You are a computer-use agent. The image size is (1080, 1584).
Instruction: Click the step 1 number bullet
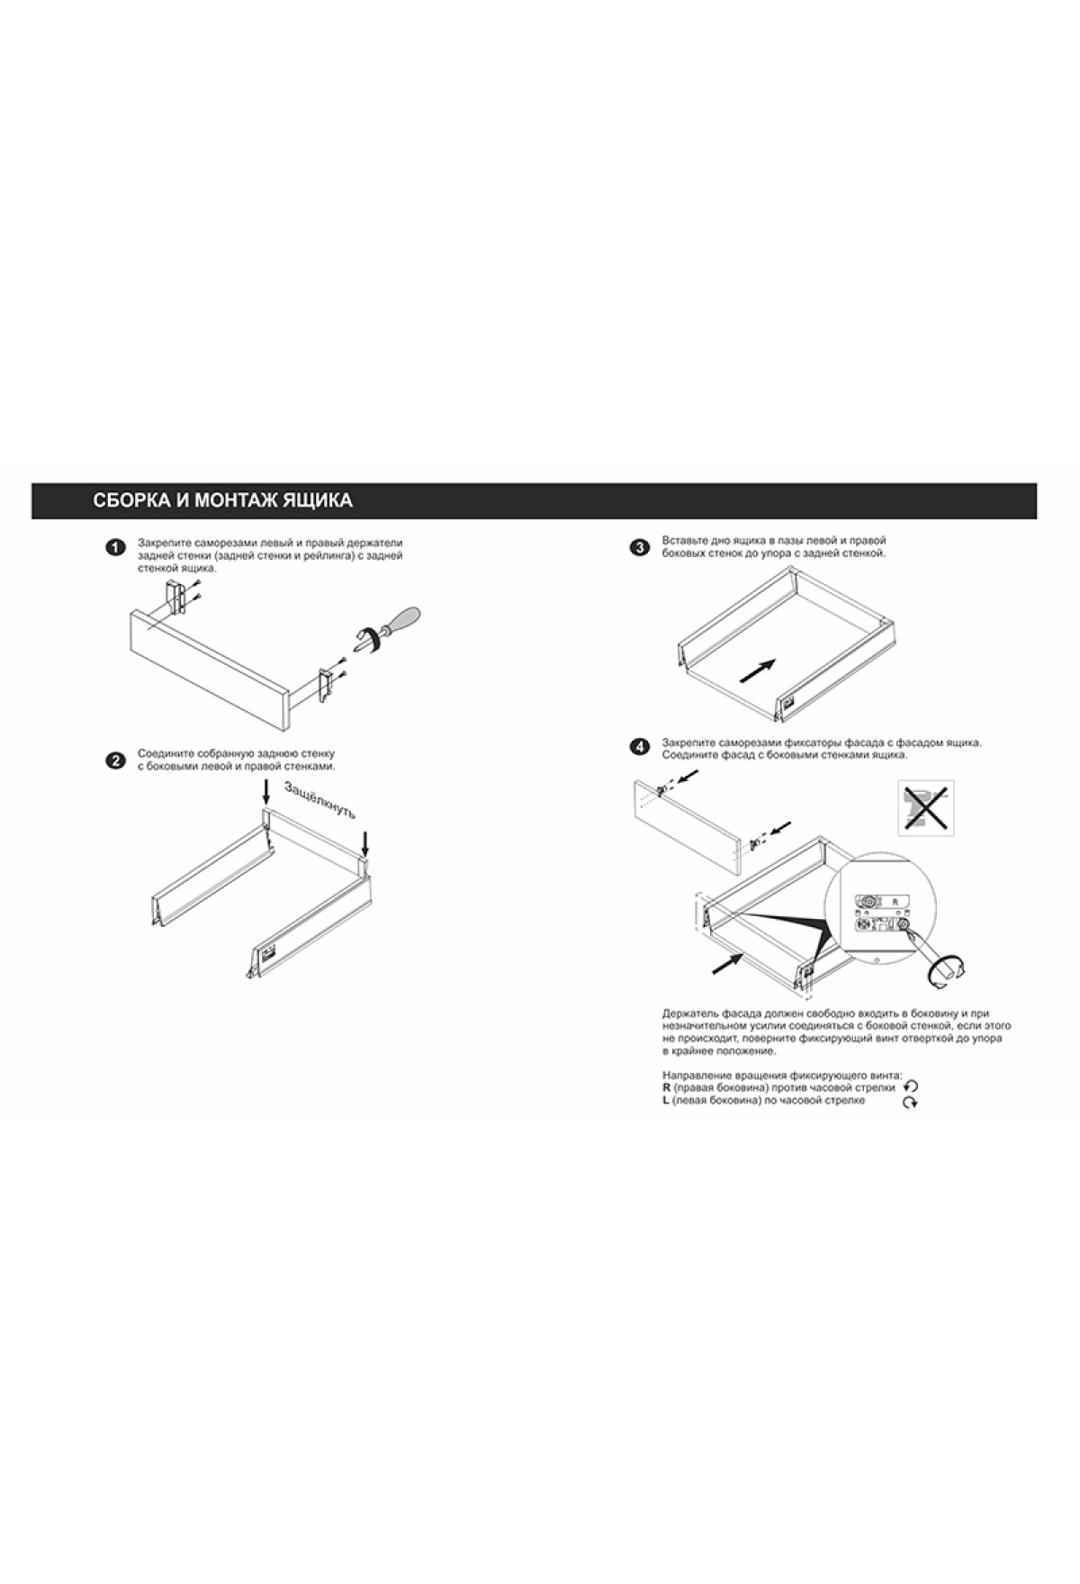[114, 548]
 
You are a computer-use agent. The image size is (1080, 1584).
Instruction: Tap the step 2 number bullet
[114, 760]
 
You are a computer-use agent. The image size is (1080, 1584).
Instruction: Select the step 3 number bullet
[640, 547]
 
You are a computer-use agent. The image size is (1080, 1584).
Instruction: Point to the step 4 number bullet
[640, 746]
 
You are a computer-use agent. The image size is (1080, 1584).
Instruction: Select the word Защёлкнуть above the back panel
[320, 800]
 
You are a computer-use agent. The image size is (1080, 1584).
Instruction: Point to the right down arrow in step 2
[364, 844]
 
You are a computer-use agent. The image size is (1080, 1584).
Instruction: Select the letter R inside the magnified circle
[894, 900]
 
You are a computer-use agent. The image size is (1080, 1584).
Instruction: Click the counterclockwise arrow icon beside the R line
[911, 1087]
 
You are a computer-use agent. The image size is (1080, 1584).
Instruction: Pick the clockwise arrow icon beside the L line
[911, 1102]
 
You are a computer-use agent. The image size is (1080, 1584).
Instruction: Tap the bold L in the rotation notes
[665, 1100]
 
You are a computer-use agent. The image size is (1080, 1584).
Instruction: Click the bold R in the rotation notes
[666, 1087]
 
